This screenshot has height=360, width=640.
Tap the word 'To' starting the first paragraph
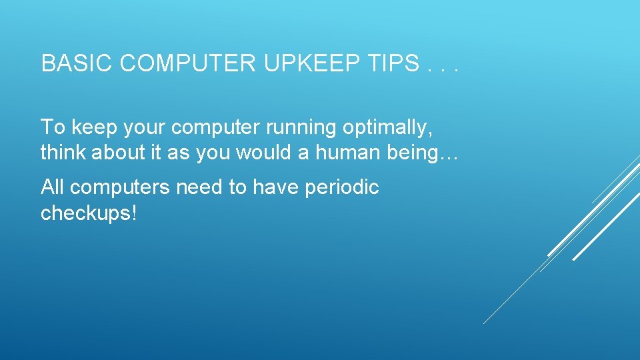[x=51, y=127]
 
